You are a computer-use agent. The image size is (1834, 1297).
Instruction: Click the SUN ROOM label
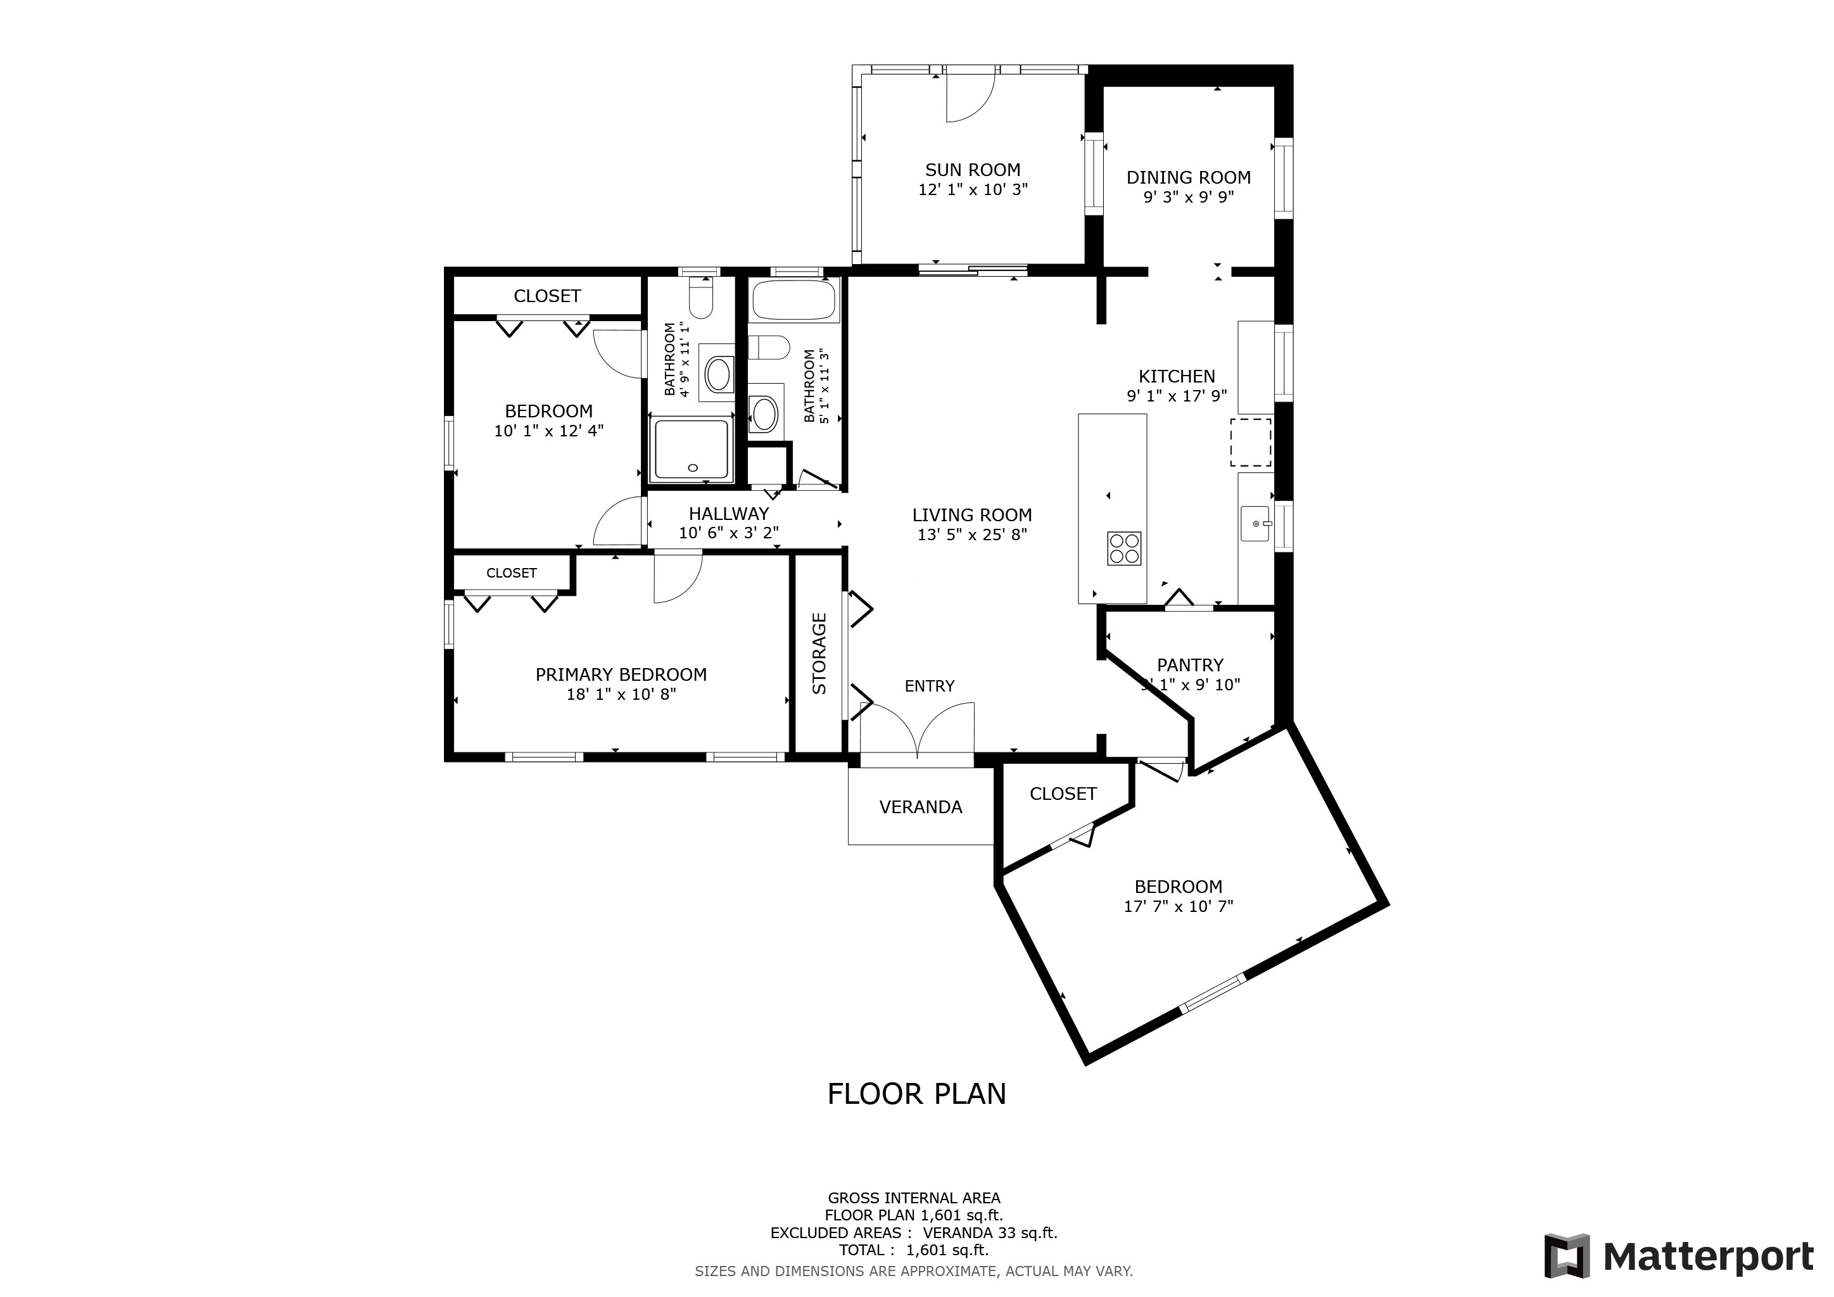(x=972, y=170)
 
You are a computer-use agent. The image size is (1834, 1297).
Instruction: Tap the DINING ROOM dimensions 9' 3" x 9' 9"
(x=1189, y=197)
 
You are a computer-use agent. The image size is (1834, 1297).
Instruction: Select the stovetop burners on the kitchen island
(x=1124, y=548)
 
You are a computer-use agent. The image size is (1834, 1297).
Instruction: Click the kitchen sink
(x=1254, y=523)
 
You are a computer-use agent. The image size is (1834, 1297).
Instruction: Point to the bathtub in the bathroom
(x=794, y=300)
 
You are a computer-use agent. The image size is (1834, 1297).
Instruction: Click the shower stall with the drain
(x=691, y=450)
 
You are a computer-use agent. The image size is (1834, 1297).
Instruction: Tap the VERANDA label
(x=920, y=807)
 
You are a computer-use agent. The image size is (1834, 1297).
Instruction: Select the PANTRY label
(x=1190, y=665)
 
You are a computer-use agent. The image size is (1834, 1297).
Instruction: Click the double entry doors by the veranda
(x=918, y=730)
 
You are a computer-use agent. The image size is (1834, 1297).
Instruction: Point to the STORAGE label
(x=819, y=654)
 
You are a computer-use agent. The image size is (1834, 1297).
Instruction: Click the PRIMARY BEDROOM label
(x=621, y=675)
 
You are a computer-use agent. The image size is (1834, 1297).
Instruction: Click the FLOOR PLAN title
(x=916, y=1094)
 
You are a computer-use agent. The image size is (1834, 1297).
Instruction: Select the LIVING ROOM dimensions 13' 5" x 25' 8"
(x=972, y=535)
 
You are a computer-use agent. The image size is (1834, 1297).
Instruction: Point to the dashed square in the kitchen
(x=1250, y=441)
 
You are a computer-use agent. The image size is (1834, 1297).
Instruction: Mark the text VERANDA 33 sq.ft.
(x=990, y=1233)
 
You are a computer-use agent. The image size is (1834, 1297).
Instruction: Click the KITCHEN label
(x=1177, y=377)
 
